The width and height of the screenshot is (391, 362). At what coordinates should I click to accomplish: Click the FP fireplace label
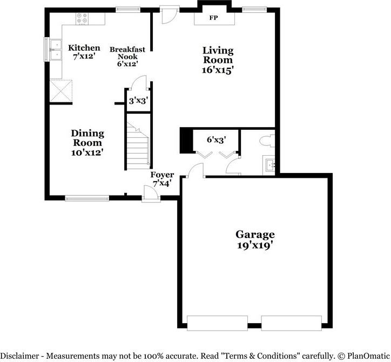[x=213, y=18]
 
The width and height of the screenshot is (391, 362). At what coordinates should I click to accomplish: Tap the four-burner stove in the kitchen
[x=82, y=19]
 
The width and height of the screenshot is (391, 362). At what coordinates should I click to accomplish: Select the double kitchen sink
[x=56, y=49]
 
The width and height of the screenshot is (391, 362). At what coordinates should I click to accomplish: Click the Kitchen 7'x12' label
[x=84, y=52]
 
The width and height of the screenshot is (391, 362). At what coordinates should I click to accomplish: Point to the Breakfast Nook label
[x=127, y=56]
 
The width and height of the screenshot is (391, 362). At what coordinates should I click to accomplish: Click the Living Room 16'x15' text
[x=218, y=60]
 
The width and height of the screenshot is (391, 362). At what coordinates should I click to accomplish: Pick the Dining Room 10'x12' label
[x=87, y=143]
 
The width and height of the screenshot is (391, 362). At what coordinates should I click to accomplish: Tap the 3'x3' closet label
[x=138, y=101]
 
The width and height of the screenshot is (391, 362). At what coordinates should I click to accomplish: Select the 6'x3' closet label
[x=217, y=140]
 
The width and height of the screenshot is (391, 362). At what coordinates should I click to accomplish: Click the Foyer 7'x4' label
[x=162, y=179]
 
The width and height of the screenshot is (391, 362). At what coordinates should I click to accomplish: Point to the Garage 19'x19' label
[x=255, y=240]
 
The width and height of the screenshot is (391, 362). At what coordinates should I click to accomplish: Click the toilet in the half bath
[x=267, y=141]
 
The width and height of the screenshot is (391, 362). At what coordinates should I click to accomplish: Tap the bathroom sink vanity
[x=269, y=164]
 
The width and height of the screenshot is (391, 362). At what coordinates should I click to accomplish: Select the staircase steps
[x=138, y=146]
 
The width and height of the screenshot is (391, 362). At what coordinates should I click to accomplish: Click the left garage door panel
[x=217, y=323]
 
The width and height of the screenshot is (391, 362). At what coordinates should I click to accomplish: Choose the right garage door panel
[x=291, y=323]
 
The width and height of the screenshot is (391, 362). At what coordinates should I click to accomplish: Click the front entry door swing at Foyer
[x=151, y=192]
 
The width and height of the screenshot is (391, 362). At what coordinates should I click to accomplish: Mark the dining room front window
[x=87, y=198]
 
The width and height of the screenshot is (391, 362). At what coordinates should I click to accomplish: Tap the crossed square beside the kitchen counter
[x=61, y=90]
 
